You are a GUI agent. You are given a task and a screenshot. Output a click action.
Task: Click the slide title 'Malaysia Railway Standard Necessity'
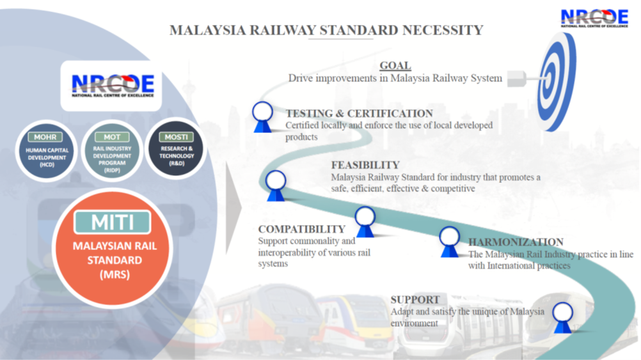click(x=326, y=30)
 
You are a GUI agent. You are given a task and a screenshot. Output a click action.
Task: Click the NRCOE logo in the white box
click(x=113, y=86)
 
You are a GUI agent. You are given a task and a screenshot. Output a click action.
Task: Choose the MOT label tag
click(x=112, y=137)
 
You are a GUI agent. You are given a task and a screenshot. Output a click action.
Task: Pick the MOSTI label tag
click(x=176, y=137)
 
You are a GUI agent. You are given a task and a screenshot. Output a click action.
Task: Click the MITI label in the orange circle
click(x=113, y=223)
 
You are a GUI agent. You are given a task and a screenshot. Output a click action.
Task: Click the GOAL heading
click(x=395, y=66)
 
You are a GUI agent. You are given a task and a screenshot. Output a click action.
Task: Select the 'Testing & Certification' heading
click(x=359, y=114)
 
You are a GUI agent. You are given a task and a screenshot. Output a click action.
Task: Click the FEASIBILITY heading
click(x=365, y=165)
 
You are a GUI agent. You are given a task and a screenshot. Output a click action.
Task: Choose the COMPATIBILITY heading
click(x=301, y=229)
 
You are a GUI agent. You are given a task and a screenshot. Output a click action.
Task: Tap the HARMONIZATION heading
click(x=516, y=242)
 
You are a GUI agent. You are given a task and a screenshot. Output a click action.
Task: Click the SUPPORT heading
click(x=415, y=299)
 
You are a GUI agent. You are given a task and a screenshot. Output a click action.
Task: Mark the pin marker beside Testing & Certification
click(x=262, y=116)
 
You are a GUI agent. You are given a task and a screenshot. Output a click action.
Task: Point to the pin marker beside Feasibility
click(x=276, y=185)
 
